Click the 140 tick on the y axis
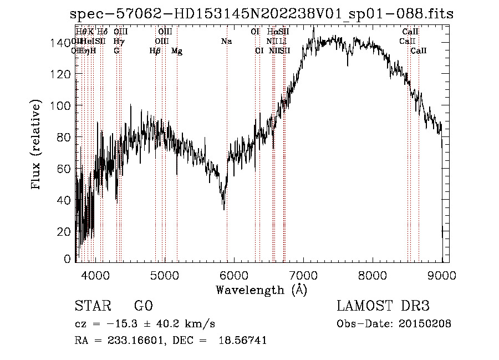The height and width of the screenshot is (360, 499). pyautogui.click(x=63, y=43)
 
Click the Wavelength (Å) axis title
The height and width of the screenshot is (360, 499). pyautogui.click(x=261, y=290)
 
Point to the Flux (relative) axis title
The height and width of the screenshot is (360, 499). pyautogui.click(x=37, y=145)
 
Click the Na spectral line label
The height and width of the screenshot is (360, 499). pyautogui.click(x=226, y=42)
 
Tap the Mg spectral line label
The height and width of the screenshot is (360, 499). pyautogui.click(x=177, y=51)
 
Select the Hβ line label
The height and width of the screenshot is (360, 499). pyautogui.click(x=155, y=51)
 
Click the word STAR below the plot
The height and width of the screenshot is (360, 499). pyautogui.click(x=90, y=306)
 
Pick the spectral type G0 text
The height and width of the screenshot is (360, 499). pyautogui.click(x=143, y=306)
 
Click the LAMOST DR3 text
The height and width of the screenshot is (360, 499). pyautogui.click(x=383, y=306)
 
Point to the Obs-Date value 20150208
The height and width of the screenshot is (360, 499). pyautogui.click(x=423, y=323)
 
